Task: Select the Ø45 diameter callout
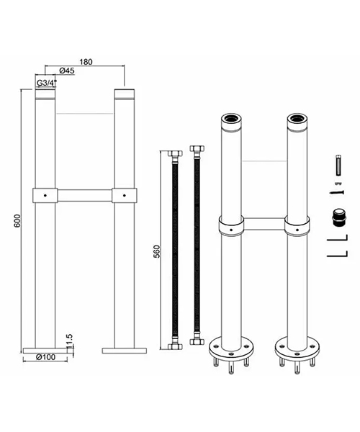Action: [68, 70]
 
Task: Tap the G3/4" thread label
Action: [47, 83]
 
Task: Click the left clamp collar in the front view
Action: [45, 194]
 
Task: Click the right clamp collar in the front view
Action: [125, 194]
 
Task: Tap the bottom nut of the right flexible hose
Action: [195, 343]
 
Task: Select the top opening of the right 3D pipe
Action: [296, 117]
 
